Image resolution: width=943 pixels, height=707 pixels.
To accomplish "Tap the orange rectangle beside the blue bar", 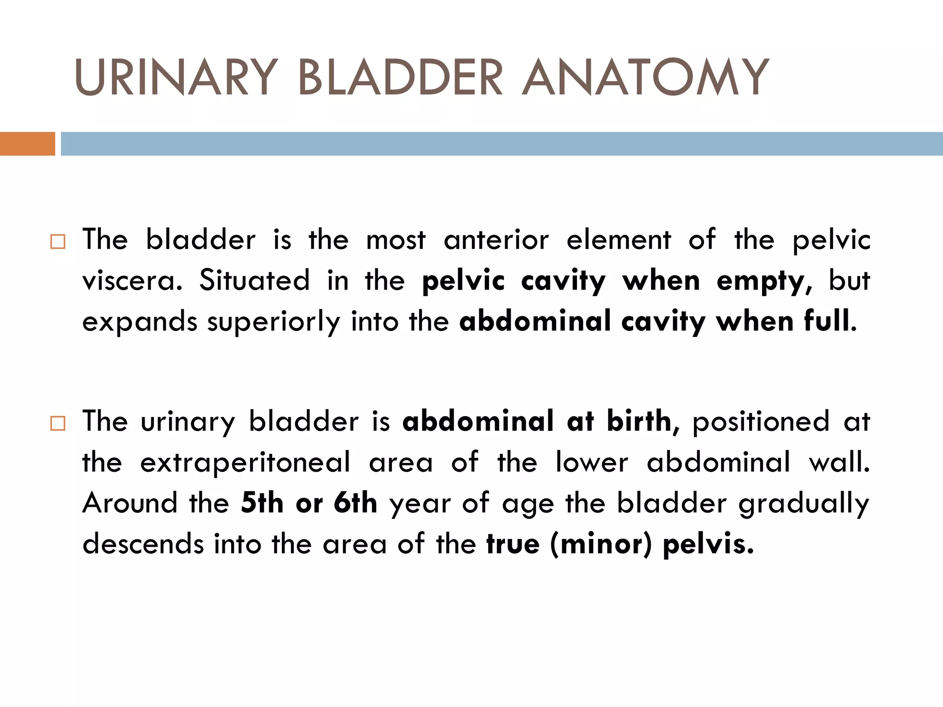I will pos(27,144).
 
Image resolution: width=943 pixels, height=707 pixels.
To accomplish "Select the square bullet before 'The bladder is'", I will pos(58,242).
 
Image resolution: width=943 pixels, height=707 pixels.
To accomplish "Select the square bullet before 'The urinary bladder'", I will pos(58,423).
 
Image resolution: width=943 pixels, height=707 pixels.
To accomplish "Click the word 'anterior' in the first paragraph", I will pos(496,240).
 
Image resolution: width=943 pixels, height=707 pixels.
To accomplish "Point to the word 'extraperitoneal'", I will pos(245,463).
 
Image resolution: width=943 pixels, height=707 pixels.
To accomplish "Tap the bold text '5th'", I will pos(262,503).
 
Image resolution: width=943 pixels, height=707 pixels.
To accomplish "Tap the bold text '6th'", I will pos(355,503).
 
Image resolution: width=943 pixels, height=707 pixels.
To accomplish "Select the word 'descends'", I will pos(143,544).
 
